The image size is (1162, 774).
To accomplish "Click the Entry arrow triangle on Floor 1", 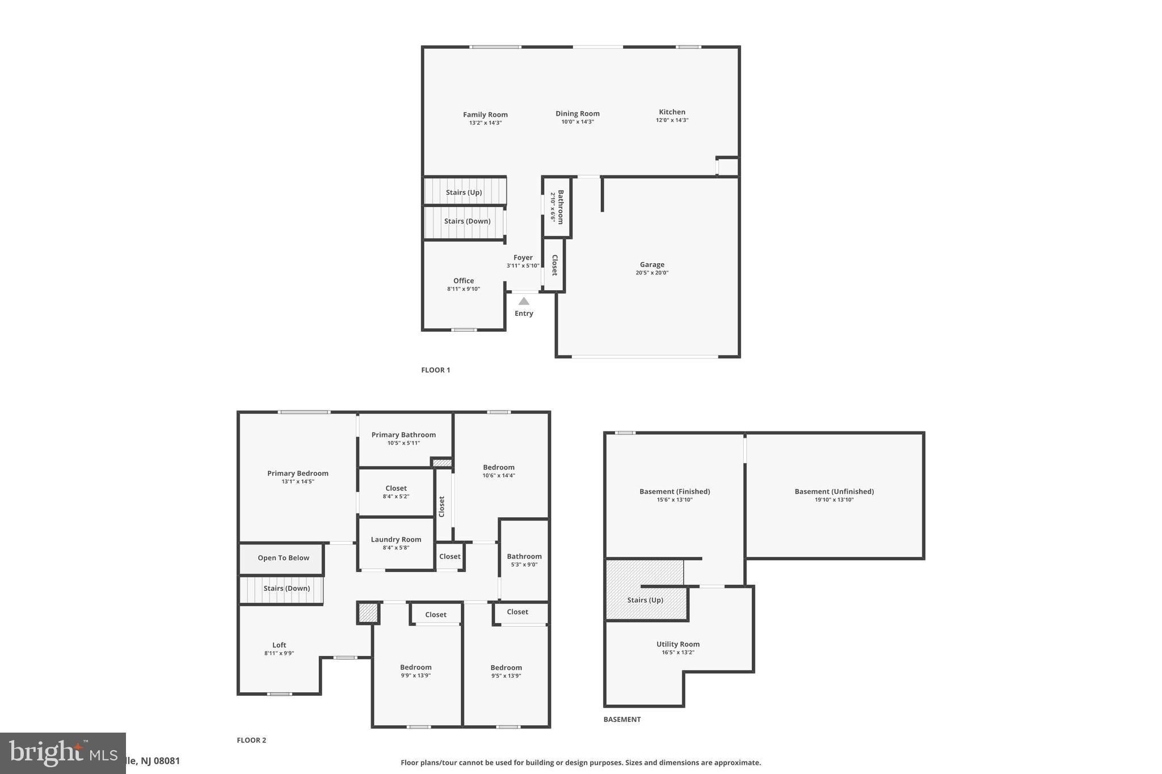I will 524,301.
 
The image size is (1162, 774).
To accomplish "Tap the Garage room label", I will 652,264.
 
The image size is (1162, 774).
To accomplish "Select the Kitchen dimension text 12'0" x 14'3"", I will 672,120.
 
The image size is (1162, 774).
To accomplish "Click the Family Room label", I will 485,115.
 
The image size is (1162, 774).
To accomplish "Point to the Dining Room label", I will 577,113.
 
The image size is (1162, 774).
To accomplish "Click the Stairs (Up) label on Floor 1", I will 464,192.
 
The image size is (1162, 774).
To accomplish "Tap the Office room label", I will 464,281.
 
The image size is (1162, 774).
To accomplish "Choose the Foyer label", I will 523,257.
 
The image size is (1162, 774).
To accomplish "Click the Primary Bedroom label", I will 298,473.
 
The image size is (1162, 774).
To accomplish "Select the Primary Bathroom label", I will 403,435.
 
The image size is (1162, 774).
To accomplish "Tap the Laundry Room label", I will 396,539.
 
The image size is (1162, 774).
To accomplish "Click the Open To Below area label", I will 283,558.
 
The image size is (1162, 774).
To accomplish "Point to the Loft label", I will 279,645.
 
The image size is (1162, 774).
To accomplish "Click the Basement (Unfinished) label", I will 834,492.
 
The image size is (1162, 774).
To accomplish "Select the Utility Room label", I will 678,644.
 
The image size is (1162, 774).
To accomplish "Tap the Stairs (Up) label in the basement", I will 645,600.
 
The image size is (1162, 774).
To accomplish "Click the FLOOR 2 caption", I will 251,740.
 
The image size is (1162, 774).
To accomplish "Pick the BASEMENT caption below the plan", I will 622,719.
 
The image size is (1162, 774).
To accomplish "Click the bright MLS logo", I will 62,753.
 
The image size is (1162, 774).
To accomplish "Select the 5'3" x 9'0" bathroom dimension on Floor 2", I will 524,565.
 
